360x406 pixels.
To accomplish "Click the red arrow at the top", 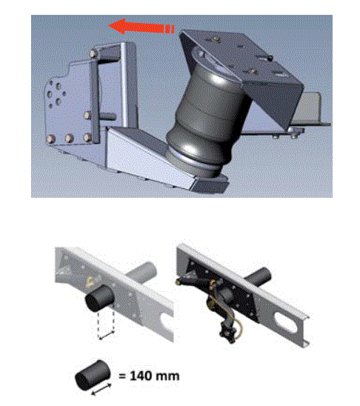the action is click(x=141, y=27).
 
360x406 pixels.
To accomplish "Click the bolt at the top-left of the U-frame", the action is click(x=93, y=53).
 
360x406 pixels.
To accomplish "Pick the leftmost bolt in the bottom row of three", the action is click(x=51, y=139).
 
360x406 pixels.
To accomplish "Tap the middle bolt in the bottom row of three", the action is click(x=69, y=138).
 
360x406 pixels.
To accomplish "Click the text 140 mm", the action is click(x=155, y=376).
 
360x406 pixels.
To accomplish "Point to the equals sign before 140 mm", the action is click(x=123, y=376).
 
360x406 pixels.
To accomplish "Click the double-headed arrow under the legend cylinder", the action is click(x=101, y=389).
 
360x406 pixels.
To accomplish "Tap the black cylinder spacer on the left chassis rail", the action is click(x=100, y=299).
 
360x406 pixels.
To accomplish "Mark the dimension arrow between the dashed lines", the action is click(x=107, y=335).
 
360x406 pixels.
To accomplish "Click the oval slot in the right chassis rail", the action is click(x=285, y=322).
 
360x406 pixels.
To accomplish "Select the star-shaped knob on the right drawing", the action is click(x=227, y=333).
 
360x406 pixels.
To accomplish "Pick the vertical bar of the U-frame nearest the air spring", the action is click(x=128, y=85).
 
